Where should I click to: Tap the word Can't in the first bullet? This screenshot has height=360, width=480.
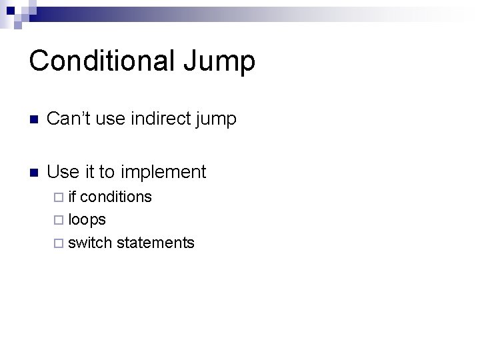(66, 119)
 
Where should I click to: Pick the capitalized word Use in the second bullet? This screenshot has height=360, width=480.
(64, 172)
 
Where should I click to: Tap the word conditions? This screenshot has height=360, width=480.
(116, 197)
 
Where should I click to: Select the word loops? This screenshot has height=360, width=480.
(87, 220)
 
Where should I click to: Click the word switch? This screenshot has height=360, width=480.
(90, 243)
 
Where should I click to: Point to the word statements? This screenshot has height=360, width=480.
(155, 243)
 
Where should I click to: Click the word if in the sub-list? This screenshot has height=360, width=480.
(72, 197)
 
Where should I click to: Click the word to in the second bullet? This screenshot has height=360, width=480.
(107, 173)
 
